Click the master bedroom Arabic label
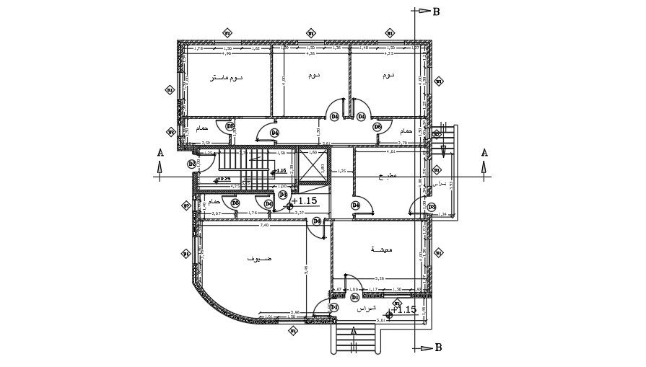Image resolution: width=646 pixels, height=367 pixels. tap(226, 77)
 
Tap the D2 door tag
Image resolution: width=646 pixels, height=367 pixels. tap(192, 164)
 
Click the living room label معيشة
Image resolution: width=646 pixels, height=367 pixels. tap(381, 249)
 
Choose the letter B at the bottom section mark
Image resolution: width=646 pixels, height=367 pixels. tap(437, 348)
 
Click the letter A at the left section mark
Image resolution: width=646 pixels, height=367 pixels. tap(160, 153)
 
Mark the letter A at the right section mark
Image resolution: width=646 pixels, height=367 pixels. tap(484, 153)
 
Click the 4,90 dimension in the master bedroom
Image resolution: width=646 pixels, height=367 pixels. tap(225, 53)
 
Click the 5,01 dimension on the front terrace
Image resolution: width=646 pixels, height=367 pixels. tap(382, 320)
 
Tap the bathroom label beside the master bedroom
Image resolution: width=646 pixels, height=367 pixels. tap(201, 128)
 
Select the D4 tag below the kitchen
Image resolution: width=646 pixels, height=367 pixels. tap(356, 205)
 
